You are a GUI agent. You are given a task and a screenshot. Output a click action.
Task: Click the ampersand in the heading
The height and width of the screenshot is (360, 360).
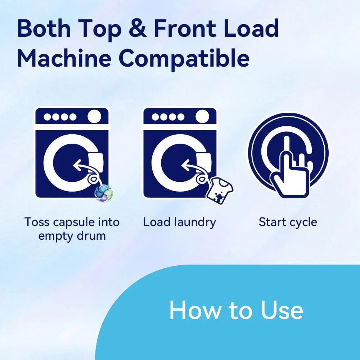click(x=138, y=28)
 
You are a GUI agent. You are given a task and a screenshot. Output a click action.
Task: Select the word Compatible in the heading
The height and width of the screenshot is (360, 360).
click(x=184, y=59)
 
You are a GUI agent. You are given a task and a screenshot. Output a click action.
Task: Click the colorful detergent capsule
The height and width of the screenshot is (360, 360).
click(x=104, y=193)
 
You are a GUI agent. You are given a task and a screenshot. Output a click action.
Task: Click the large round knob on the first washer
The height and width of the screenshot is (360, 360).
click(x=94, y=116)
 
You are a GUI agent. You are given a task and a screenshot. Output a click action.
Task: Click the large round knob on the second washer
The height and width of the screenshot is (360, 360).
click(x=202, y=116)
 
